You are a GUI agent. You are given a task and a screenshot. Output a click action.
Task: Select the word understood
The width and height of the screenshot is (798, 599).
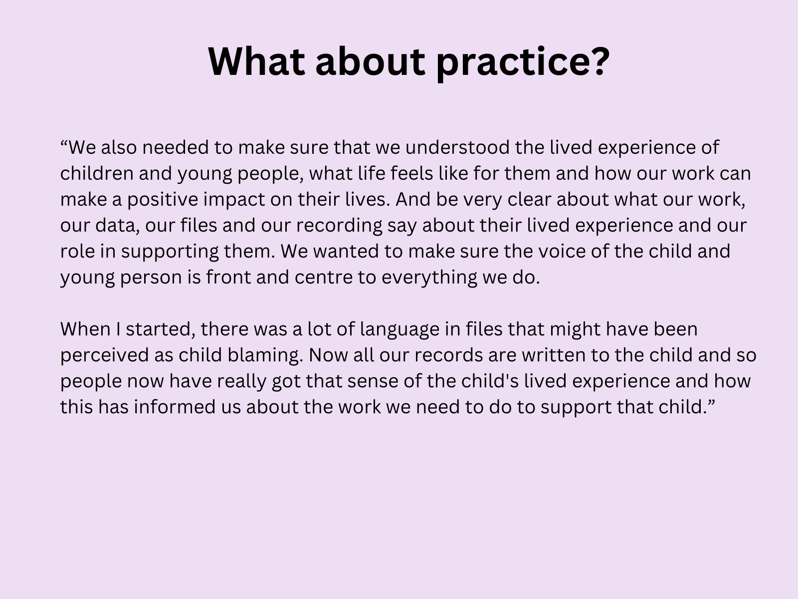click(x=457, y=147)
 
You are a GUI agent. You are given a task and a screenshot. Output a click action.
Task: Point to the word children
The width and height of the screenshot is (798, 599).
click(x=97, y=173)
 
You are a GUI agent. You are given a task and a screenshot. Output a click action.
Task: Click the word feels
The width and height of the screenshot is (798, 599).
click(x=412, y=173)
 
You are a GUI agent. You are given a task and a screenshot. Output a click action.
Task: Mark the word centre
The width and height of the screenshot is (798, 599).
click(x=324, y=277)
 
